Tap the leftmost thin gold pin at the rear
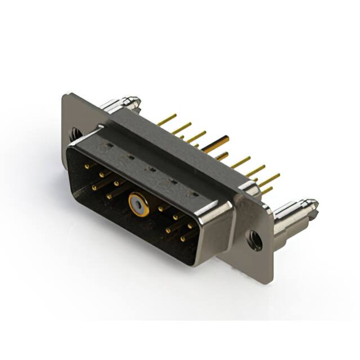point(166,119)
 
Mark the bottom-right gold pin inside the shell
point(183,238)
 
